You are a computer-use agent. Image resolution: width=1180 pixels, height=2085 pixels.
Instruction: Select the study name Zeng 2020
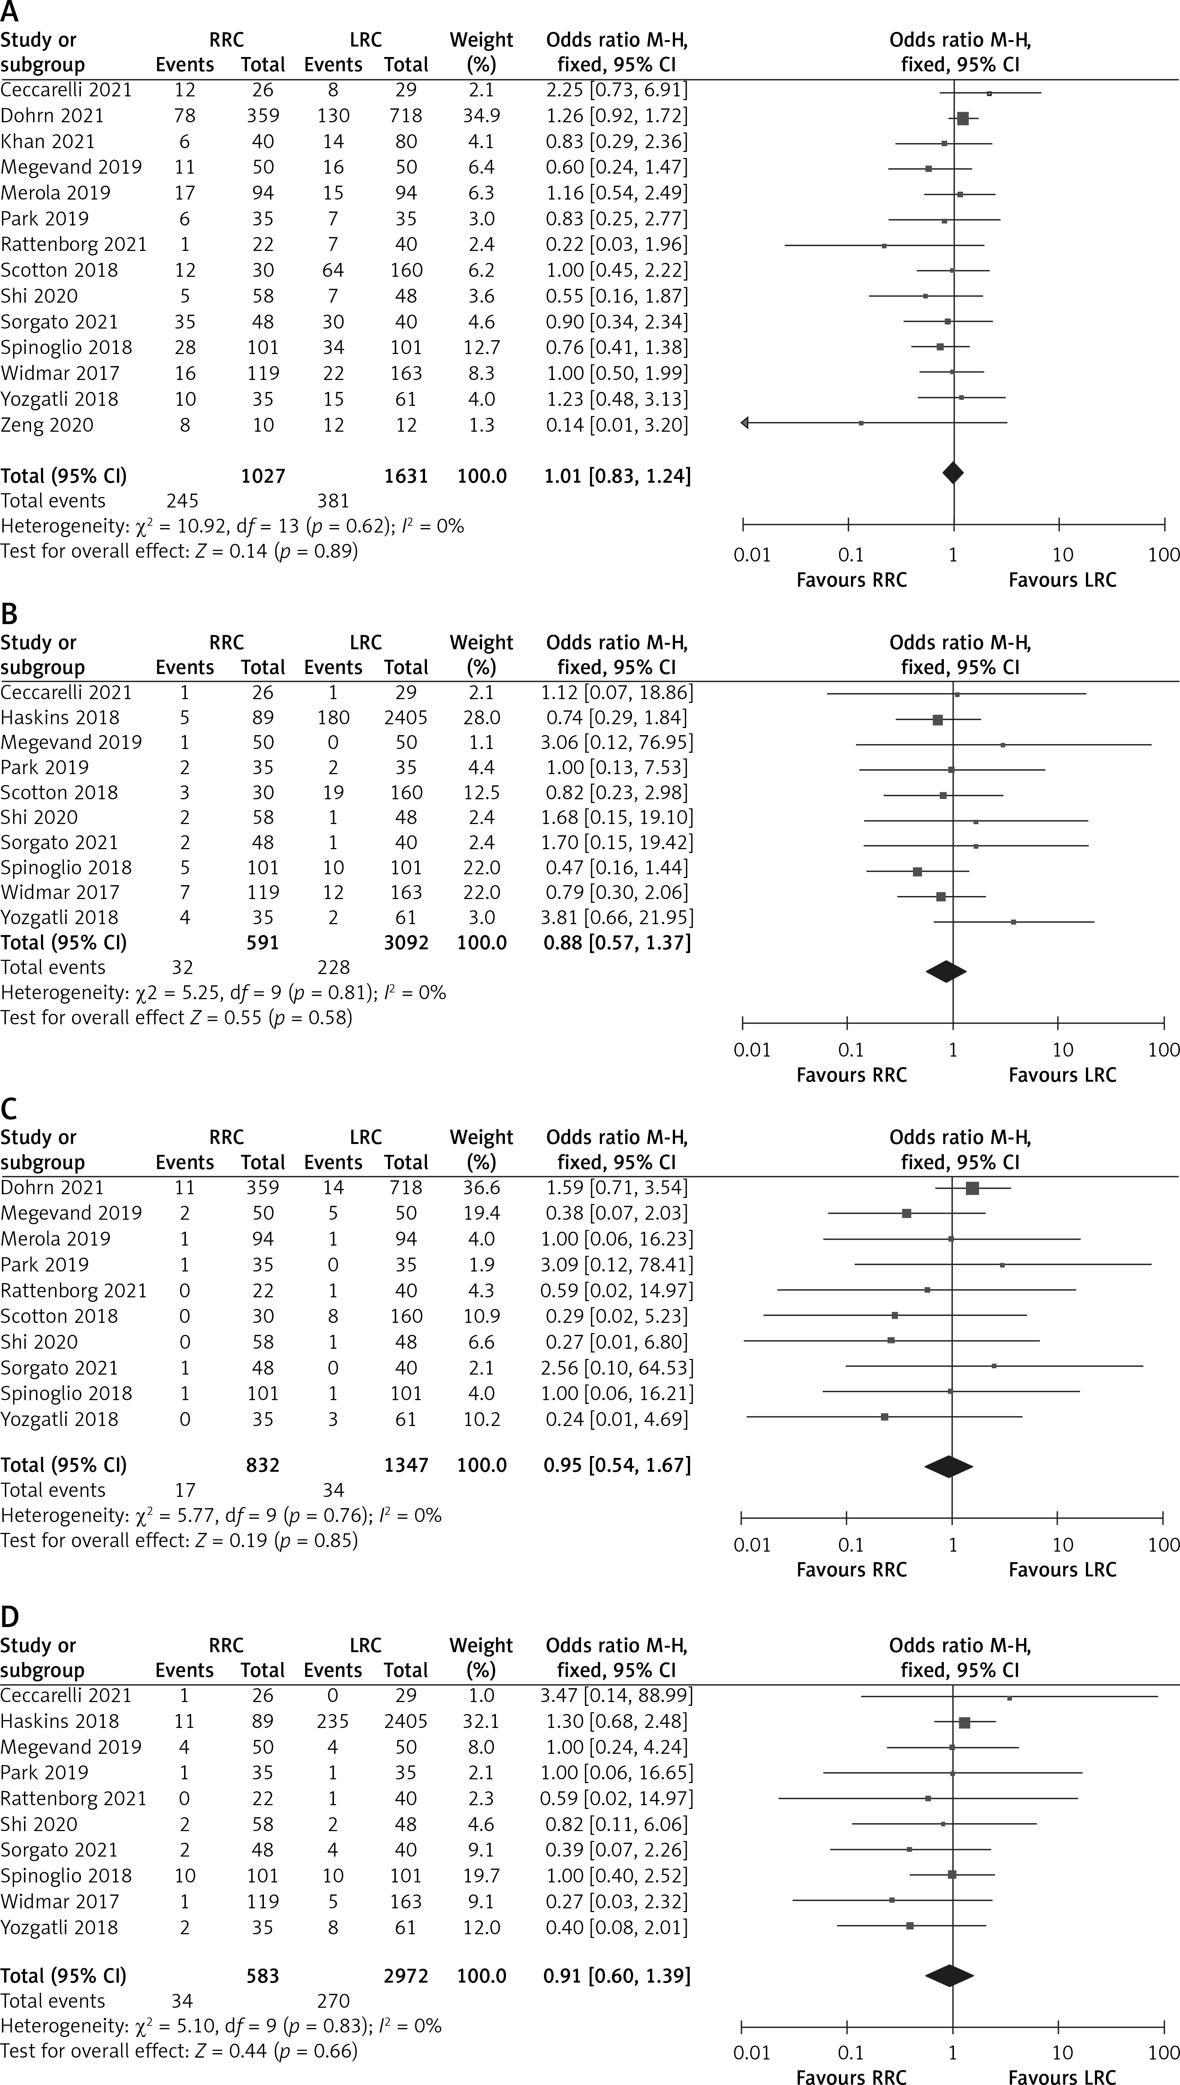pyautogui.click(x=47, y=425)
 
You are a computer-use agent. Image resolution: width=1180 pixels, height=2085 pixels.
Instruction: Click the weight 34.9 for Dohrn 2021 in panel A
pyautogui.click(x=481, y=115)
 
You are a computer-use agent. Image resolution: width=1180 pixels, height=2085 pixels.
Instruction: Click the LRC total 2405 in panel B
pyautogui.click(x=406, y=718)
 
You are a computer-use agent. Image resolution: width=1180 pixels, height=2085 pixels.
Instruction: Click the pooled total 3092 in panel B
pyautogui.click(x=406, y=942)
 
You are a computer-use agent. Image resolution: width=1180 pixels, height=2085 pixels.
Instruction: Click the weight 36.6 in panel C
pyautogui.click(x=481, y=1187)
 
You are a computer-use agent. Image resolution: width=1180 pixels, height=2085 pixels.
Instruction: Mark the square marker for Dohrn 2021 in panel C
pyautogui.click(x=973, y=1189)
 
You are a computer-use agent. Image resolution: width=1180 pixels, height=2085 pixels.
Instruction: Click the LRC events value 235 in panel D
pyautogui.click(x=333, y=1721)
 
